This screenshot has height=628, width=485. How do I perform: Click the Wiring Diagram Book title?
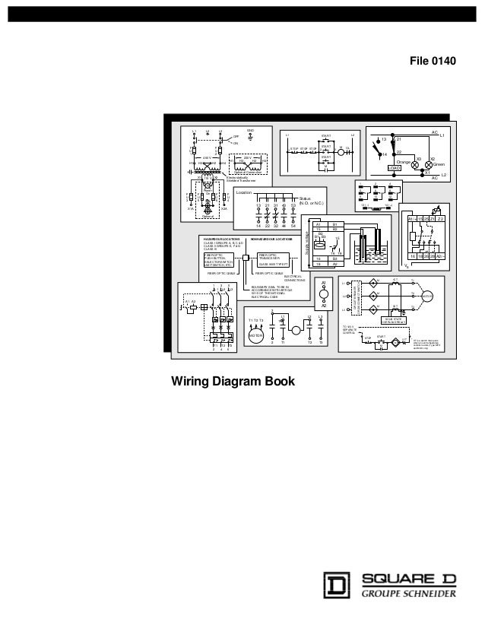230,381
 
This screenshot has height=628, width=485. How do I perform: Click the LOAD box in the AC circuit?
394,168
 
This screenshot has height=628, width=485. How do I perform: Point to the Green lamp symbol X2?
429,164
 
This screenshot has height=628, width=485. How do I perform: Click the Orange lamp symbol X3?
415,164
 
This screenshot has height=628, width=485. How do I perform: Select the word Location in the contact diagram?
244,193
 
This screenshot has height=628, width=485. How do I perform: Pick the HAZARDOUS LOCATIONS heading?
221,239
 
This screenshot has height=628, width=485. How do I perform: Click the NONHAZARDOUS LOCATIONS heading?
271,239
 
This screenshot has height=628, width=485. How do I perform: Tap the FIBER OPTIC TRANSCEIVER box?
273,259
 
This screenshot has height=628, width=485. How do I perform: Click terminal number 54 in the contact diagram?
293,227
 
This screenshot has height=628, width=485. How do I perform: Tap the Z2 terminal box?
439,218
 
